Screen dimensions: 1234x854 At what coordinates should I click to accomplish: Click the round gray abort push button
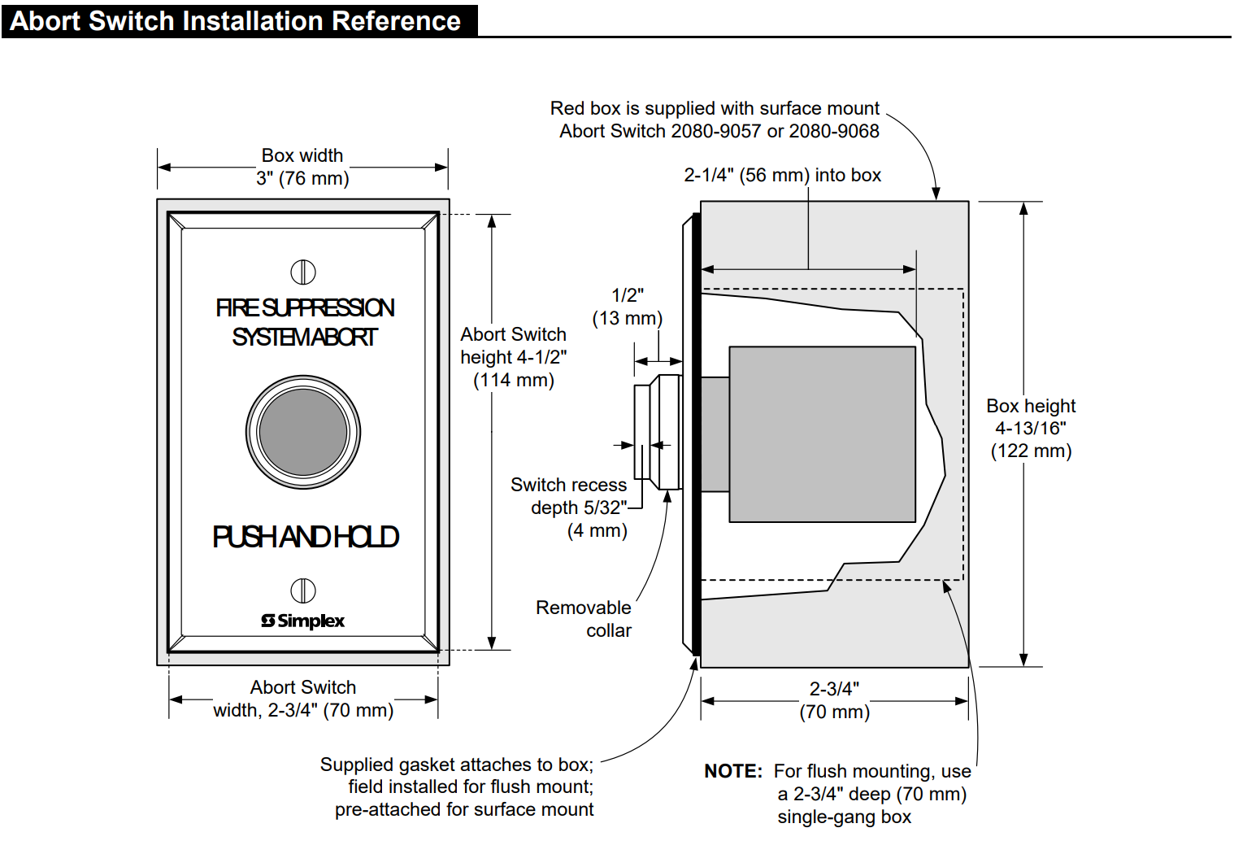click(x=303, y=432)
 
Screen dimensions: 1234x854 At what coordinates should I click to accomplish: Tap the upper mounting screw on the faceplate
click(x=303, y=272)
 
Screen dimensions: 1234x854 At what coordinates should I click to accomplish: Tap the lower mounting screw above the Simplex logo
click(x=303, y=590)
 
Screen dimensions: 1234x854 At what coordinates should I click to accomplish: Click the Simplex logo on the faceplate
click(x=303, y=621)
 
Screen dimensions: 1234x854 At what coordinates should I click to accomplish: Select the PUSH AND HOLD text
click(x=305, y=537)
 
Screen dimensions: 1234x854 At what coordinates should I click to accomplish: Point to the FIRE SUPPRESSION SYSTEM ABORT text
click(x=305, y=323)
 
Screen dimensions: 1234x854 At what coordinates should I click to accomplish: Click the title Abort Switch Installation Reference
click(x=235, y=21)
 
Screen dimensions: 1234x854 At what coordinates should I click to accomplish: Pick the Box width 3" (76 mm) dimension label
click(x=302, y=167)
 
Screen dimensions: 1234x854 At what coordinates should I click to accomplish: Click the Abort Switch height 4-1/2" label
click(x=514, y=357)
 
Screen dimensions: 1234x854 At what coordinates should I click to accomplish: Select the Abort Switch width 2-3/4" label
click(x=303, y=699)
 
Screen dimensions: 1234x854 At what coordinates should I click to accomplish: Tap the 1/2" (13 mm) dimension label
click(x=628, y=307)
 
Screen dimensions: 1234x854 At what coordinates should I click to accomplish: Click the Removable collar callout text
click(x=584, y=619)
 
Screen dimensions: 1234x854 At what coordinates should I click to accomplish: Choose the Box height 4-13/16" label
click(x=1031, y=428)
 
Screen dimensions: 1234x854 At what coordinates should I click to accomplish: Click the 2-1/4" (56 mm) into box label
click(x=782, y=175)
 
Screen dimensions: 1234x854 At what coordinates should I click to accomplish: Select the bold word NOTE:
click(x=733, y=771)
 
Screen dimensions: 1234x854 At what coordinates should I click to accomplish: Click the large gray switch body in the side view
click(x=822, y=434)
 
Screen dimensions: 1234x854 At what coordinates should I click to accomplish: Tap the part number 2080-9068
click(x=834, y=131)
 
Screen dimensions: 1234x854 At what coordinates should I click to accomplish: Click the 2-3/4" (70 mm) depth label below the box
click(x=835, y=700)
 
